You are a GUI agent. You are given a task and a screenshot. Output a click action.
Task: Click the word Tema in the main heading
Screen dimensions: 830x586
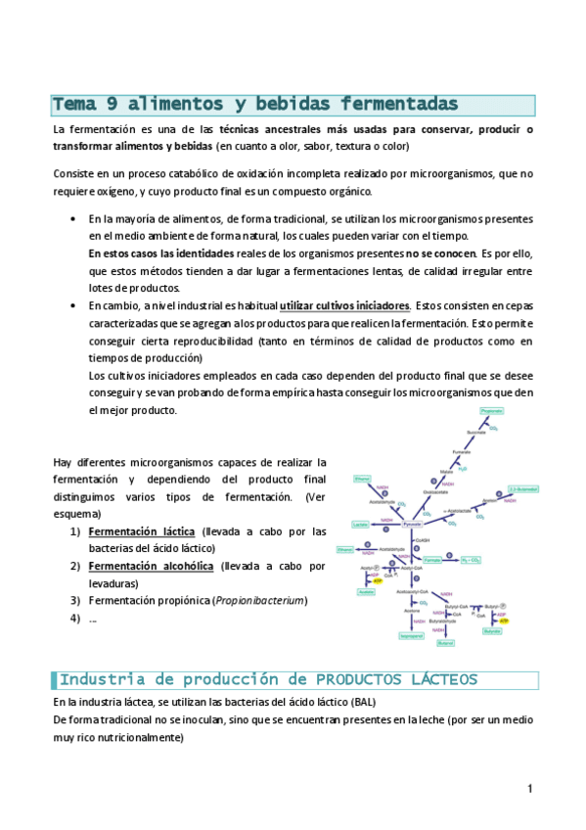coord(74,104)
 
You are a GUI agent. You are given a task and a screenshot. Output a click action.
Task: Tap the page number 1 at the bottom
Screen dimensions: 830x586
coord(529,789)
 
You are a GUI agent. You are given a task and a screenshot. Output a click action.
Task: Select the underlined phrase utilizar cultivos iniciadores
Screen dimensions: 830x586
coord(344,305)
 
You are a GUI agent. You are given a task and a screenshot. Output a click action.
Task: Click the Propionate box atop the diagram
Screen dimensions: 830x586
coord(491,412)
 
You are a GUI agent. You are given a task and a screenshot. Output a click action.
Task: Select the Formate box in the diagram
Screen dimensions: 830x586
coord(432,561)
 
